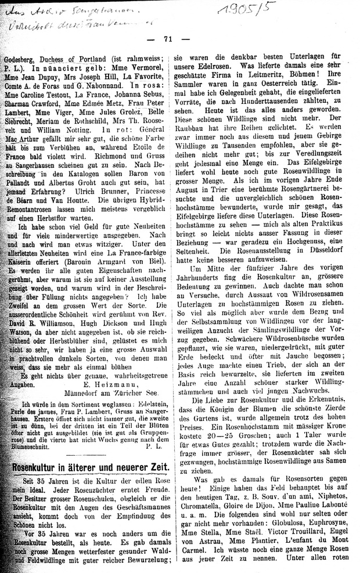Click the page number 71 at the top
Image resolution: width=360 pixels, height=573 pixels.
(169, 39)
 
